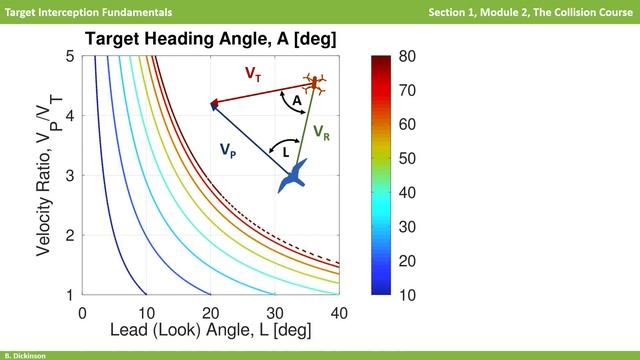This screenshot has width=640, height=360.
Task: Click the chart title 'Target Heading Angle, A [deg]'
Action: [x=210, y=39]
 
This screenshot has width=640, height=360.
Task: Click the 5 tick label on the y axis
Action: [x=70, y=56]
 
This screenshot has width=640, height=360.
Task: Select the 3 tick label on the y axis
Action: [x=70, y=176]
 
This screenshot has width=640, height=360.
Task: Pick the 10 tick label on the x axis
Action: [x=147, y=312]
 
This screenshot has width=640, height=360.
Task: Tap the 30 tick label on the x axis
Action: [x=276, y=312]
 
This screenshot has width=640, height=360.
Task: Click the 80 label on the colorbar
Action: [x=406, y=56]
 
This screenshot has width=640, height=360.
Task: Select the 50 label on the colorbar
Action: [x=406, y=158]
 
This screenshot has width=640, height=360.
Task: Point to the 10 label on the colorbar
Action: [x=406, y=295]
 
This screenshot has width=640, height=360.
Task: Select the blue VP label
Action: [x=229, y=149]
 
